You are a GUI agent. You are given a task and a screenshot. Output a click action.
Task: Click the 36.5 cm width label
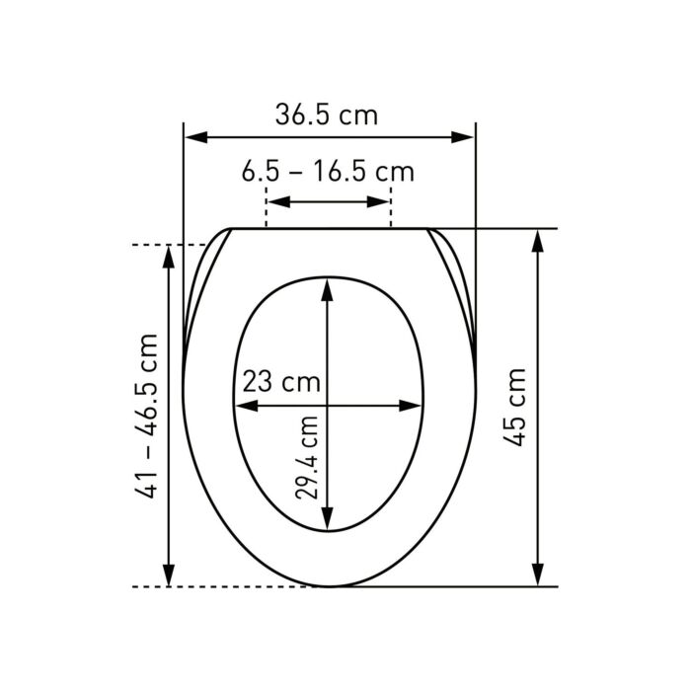pyautogui.click(x=327, y=115)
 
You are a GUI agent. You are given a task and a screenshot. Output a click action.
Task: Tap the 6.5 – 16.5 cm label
pyautogui.click(x=328, y=172)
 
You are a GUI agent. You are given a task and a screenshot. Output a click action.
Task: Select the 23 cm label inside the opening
pyautogui.click(x=281, y=382)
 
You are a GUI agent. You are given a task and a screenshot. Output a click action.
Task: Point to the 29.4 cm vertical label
pyautogui.click(x=307, y=457)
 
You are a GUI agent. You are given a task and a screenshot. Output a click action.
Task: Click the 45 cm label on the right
pyautogui.click(x=514, y=407)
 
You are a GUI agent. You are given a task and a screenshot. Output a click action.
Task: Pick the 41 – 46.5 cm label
pyautogui.click(x=146, y=417)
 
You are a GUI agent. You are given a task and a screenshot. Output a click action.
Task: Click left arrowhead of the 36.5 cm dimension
pyautogui.click(x=196, y=137)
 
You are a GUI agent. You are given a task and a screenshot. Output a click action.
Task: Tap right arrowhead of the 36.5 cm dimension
pyautogui.click(x=462, y=137)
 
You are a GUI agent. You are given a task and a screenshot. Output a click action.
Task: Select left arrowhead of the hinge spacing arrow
pyautogui.click(x=279, y=202)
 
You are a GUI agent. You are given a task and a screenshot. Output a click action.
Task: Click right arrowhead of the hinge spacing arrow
pyautogui.click(x=378, y=202)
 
